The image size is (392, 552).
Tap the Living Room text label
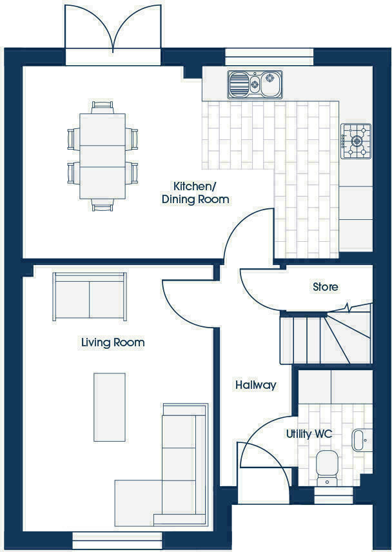coord(113,342)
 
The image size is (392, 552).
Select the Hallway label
coord(255,385)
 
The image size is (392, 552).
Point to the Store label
coord(325,287)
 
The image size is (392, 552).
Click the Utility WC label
coord(309,434)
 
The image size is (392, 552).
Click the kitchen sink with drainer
coord(255,84)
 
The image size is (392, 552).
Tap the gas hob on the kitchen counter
coord(356,141)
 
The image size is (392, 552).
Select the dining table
coord(103,156)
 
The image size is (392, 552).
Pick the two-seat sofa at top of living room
coord(90,297)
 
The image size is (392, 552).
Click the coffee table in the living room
coord(109,407)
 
